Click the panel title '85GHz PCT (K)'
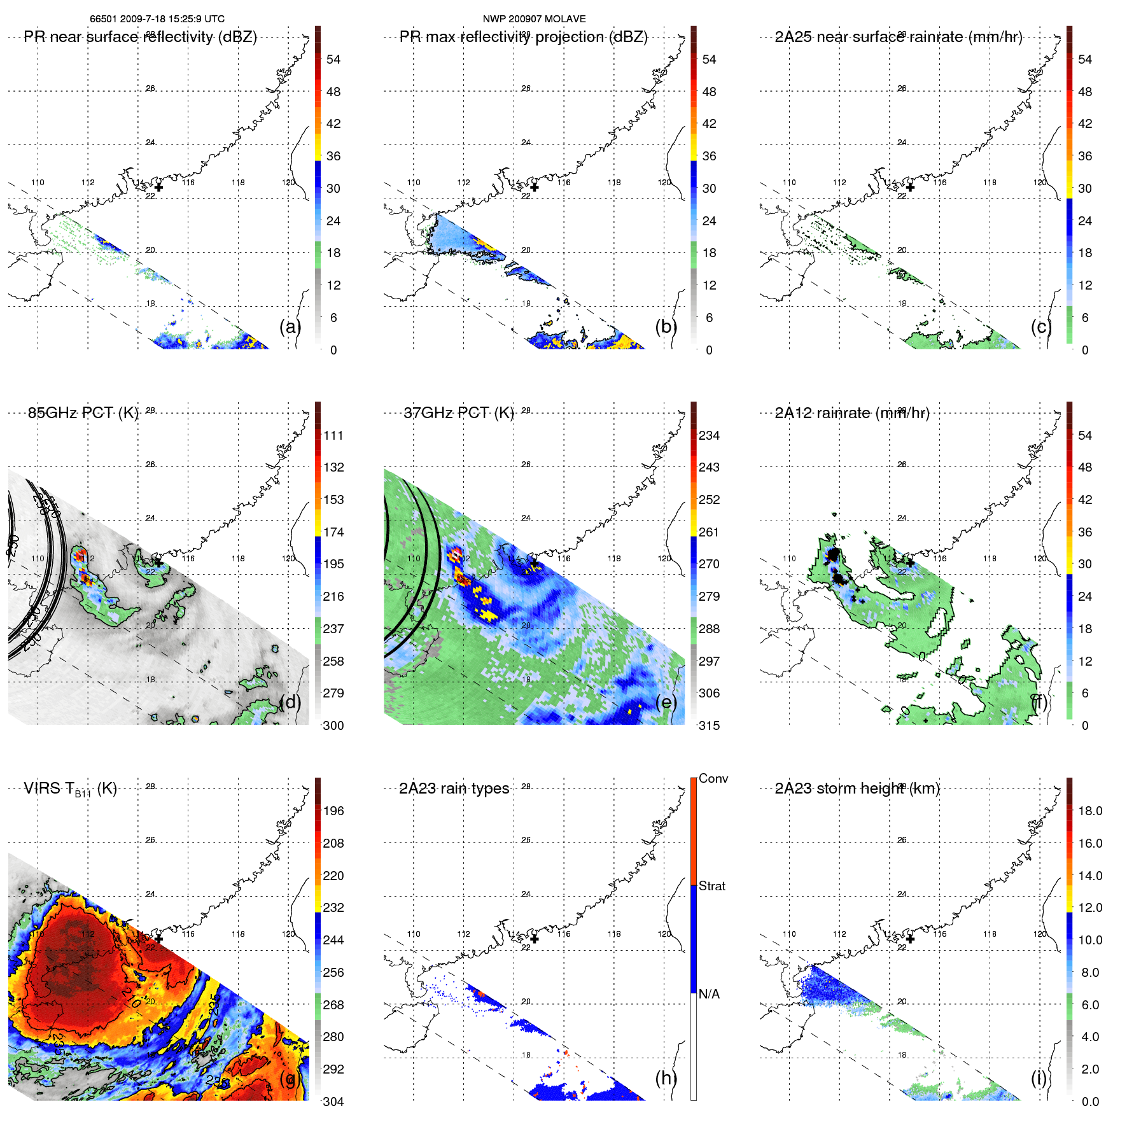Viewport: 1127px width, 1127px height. coord(83,413)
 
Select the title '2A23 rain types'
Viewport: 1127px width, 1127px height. coord(454,788)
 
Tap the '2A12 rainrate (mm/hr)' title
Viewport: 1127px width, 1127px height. coord(852,413)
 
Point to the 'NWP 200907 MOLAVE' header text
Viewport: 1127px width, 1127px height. coord(534,19)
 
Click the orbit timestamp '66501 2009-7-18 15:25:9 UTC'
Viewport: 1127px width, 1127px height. coord(157,19)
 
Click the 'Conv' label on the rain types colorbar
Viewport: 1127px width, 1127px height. coord(713,778)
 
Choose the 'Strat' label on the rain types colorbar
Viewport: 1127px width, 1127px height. coord(712,886)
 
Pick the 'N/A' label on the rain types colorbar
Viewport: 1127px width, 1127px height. coord(709,994)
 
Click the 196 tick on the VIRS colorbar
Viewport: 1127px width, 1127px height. coord(333,811)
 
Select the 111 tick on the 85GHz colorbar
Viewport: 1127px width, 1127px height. coord(333,435)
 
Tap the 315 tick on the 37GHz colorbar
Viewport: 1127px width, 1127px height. coord(709,725)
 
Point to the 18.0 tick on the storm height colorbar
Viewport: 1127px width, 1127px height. coord(1090,811)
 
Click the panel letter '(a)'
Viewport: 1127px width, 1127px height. coord(290,326)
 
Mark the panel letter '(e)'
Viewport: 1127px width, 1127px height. coord(666,702)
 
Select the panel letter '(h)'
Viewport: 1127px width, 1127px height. coord(666,1077)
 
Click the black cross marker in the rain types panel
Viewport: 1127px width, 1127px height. coord(535,939)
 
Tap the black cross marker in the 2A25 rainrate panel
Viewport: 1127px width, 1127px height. coord(910,187)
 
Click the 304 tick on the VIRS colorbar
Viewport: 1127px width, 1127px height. coord(333,1102)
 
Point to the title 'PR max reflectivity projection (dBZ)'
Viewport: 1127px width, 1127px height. coord(523,37)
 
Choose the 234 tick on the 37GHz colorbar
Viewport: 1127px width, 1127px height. coord(709,435)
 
